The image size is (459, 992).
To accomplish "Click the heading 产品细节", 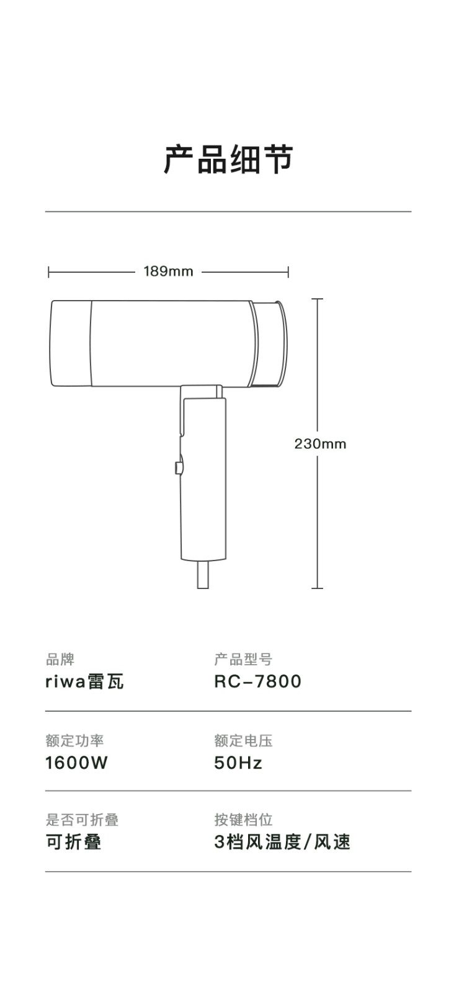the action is tap(229, 159).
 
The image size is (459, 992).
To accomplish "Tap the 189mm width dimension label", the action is tap(168, 271).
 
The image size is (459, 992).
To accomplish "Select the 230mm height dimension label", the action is tap(320, 444).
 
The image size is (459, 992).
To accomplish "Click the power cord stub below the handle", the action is tap(202, 574).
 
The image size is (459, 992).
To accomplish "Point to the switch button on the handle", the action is tap(178, 468).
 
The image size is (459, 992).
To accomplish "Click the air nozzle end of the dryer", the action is tap(270, 343).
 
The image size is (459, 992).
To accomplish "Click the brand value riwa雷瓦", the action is tap(84, 681).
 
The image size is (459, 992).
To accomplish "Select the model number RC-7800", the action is tap(257, 681).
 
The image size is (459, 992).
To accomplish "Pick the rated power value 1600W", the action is tap(76, 763).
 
